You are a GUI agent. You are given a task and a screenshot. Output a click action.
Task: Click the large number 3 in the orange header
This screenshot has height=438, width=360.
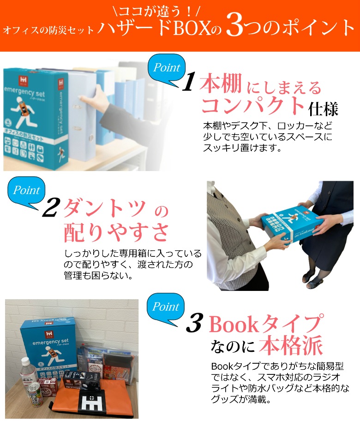coord(235,27)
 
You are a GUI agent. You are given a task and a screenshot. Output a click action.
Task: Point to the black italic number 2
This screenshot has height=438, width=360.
coord(49,208)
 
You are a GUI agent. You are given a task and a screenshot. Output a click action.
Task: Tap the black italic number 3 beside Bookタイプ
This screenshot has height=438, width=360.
coord(194,324)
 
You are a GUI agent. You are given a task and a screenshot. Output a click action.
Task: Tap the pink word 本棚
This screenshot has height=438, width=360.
coord(221,84)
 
